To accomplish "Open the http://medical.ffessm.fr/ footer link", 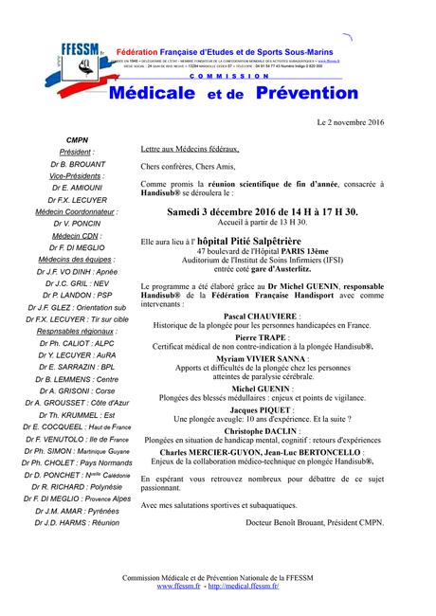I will coord(245,587).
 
